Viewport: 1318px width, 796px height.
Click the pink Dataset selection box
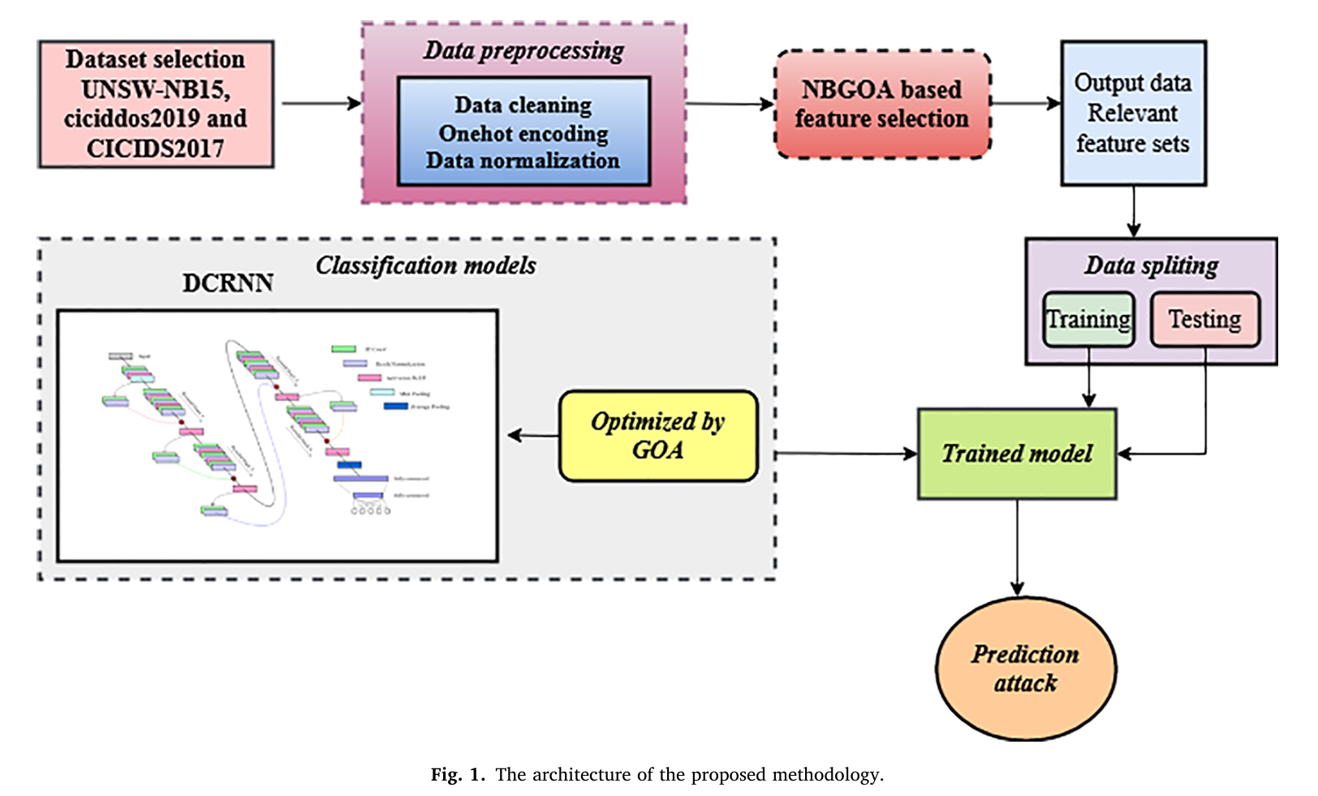tap(156, 104)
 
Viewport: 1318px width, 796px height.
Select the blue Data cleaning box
tap(523, 131)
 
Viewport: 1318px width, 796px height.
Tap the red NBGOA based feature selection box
tap(882, 104)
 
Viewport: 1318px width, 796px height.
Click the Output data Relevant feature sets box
tap(1133, 113)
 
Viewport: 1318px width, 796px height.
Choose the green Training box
tap(1088, 319)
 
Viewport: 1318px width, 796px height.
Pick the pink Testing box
tap(1205, 319)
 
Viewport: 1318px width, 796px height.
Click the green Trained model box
tap(1017, 453)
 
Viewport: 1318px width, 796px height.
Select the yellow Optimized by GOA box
tap(657, 436)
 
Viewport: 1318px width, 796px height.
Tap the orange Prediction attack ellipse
tap(1026, 669)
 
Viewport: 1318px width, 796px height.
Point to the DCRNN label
tap(227, 283)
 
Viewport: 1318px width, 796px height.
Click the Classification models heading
tap(425, 265)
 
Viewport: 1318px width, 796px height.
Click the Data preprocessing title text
tap(523, 50)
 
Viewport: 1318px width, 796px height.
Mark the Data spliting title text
tap(1151, 265)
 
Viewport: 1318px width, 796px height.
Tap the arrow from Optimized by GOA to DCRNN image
tap(533, 436)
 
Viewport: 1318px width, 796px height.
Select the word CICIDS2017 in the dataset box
tap(155, 148)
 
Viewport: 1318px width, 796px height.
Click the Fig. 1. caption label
tap(457, 775)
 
